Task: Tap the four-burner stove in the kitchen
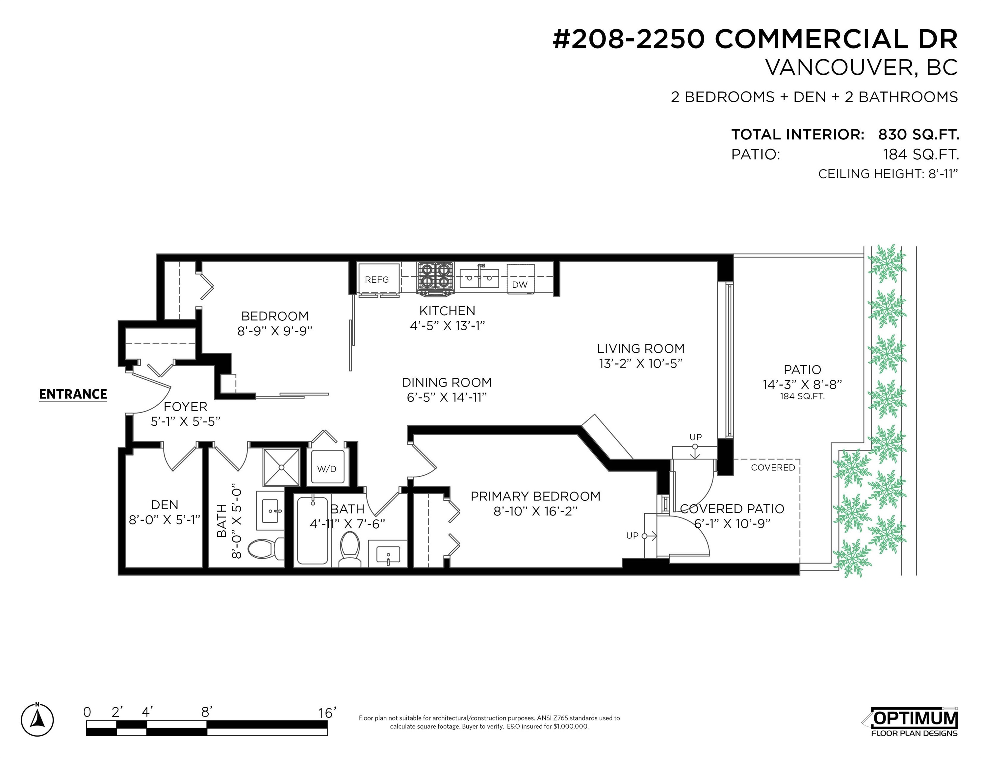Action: tap(435, 278)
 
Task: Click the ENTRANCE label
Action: tap(73, 394)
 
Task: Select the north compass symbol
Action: tap(37, 720)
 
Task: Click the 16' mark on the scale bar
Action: tap(327, 713)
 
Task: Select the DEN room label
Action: tap(165, 505)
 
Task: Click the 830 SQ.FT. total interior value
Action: tap(918, 134)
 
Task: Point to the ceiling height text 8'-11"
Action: tap(943, 174)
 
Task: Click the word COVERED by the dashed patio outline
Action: tap(773, 467)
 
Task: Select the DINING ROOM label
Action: tap(447, 383)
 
